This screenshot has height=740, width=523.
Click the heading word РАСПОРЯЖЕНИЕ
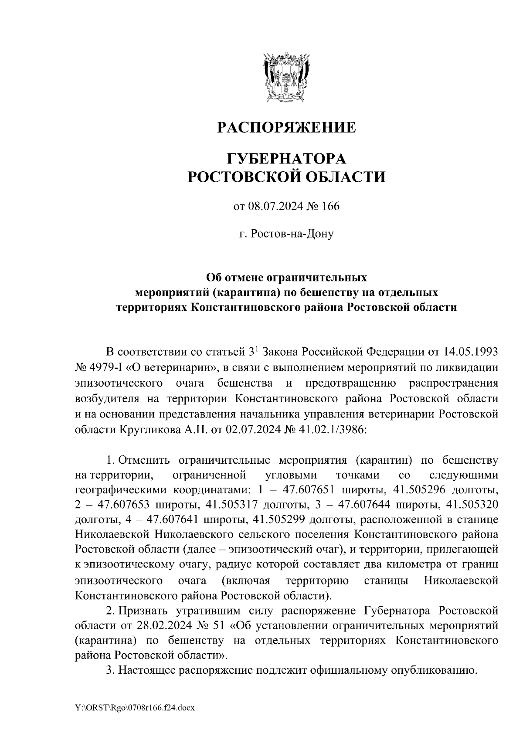pyautogui.click(x=286, y=128)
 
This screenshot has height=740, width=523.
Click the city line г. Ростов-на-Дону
pyautogui.click(x=286, y=234)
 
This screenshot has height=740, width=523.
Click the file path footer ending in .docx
pyautogui.click(x=135, y=709)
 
